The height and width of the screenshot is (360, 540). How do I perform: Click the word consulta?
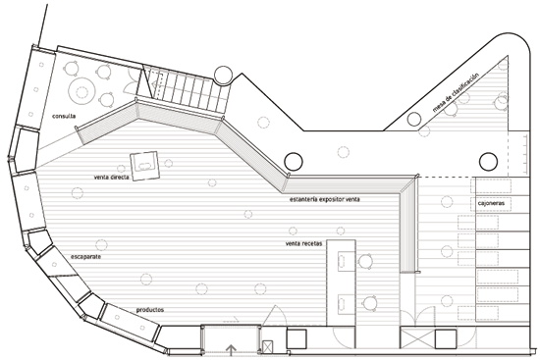(x=64, y=116)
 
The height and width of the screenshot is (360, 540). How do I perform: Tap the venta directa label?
(x=112, y=178)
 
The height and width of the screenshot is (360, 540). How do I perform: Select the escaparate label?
(x=85, y=257)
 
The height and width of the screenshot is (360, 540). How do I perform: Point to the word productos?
(x=150, y=310)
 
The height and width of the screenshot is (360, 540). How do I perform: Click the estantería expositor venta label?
(x=325, y=199)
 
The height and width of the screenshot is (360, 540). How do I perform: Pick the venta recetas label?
(x=303, y=243)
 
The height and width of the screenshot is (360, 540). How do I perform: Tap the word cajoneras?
(x=491, y=203)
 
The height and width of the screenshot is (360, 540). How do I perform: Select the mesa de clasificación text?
(x=456, y=93)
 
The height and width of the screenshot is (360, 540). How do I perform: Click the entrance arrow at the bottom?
(x=231, y=350)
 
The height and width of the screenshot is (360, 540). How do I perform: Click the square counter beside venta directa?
(x=144, y=166)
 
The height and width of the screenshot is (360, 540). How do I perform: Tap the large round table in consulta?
(x=81, y=92)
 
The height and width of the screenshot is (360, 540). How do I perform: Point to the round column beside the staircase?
(x=223, y=77)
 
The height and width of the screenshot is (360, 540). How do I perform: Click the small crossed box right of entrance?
(x=267, y=347)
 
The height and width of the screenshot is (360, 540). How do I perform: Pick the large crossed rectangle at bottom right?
(x=417, y=338)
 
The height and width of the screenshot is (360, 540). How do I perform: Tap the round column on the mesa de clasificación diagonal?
(x=414, y=119)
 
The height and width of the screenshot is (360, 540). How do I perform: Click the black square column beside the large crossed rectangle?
(x=446, y=339)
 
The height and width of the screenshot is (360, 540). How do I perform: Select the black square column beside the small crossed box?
(x=297, y=339)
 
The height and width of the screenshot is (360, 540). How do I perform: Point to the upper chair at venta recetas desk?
(x=366, y=261)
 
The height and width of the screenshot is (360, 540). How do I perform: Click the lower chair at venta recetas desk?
(x=370, y=303)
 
